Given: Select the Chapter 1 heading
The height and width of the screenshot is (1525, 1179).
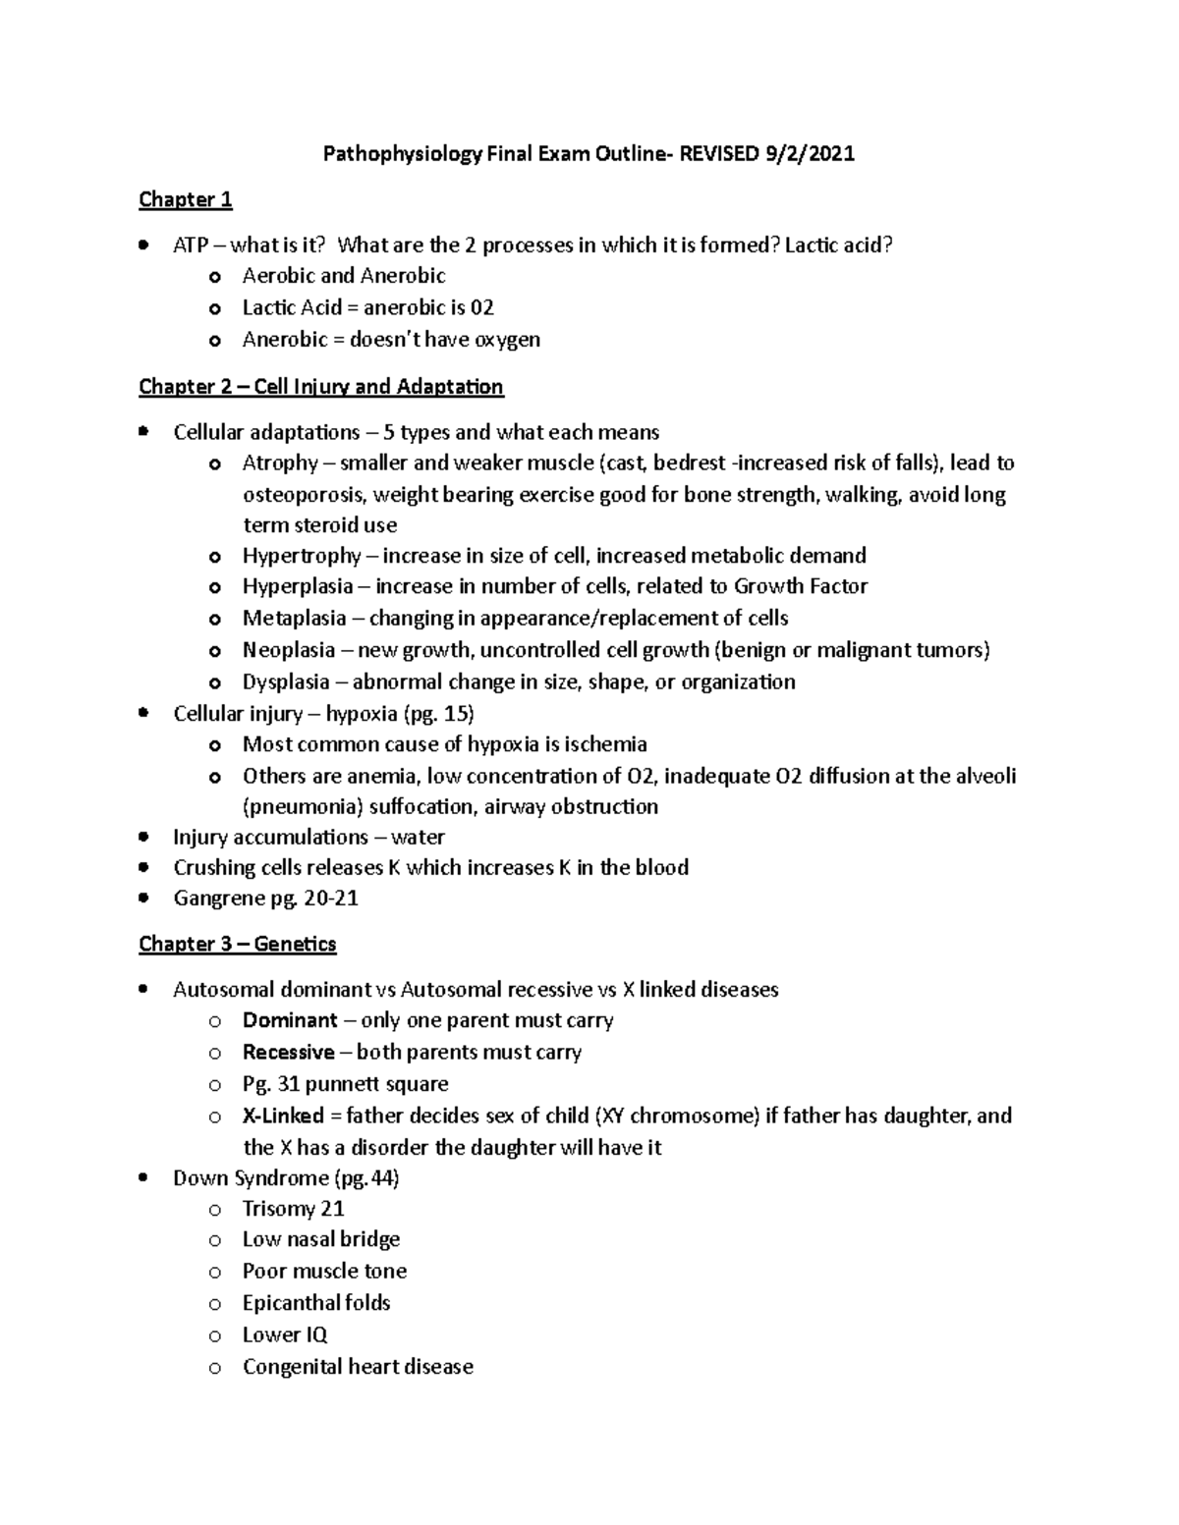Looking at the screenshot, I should coord(185,200).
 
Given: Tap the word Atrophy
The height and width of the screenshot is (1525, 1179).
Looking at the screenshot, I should coord(280,463).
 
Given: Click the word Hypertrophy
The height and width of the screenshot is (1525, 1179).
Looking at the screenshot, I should coord(302,556).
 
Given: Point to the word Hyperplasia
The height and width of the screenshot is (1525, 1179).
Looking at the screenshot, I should coord(297,587).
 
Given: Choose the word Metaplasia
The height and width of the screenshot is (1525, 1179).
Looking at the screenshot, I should coord(294,619).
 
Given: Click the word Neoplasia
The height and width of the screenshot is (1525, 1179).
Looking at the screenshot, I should coord(288,650).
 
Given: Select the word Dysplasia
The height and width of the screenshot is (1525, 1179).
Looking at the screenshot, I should coord(286,682).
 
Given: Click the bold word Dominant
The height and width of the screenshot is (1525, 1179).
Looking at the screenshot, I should coord(290,1021).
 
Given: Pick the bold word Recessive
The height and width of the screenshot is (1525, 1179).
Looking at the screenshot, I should coord(288,1053).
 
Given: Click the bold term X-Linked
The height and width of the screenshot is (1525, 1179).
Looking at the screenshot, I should coord(283,1117).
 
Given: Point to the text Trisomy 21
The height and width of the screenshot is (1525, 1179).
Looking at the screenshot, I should coord(293,1209).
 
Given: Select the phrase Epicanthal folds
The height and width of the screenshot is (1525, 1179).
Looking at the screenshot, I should coord(316,1303).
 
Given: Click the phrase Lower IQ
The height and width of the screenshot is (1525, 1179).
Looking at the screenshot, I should coord(285,1335).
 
